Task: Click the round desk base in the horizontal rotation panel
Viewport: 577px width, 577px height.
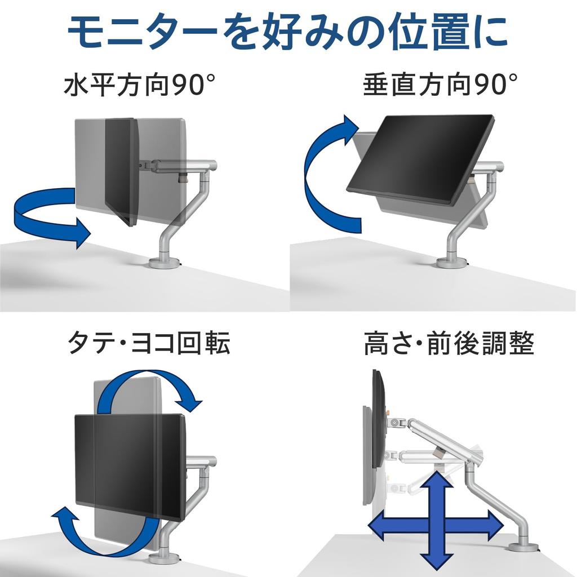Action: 164,263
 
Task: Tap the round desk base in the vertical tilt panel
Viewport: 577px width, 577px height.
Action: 451,263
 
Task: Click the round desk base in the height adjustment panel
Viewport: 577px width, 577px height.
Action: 523,546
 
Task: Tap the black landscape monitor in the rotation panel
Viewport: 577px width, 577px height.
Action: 130,465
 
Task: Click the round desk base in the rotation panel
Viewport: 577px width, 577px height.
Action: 164,558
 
